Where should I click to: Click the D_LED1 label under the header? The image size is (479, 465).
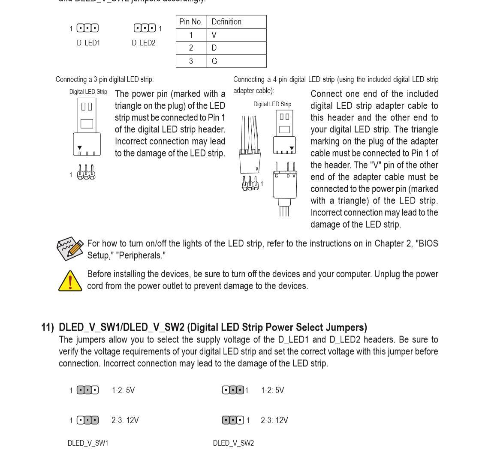click(x=88, y=43)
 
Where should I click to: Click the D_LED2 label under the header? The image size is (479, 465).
click(x=143, y=43)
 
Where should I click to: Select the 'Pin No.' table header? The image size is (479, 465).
click(x=191, y=22)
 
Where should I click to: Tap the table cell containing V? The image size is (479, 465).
click(x=236, y=35)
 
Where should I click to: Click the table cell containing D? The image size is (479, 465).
click(x=236, y=48)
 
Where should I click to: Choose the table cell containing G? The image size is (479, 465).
click(x=236, y=61)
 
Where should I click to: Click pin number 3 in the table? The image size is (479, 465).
click(x=191, y=61)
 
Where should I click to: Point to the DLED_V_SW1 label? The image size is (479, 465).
click(x=88, y=443)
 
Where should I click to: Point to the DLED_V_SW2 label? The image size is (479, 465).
click(x=233, y=443)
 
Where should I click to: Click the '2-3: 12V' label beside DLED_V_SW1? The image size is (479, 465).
click(x=125, y=420)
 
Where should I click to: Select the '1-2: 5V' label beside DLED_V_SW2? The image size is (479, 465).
click(x=272, y=390)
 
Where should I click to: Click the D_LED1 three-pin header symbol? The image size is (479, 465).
click(x=87, y=28)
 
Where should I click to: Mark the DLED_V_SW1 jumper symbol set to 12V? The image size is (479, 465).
click(x=87, y=420)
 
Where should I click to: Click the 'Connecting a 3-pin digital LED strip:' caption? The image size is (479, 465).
click(x=105, y=80)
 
